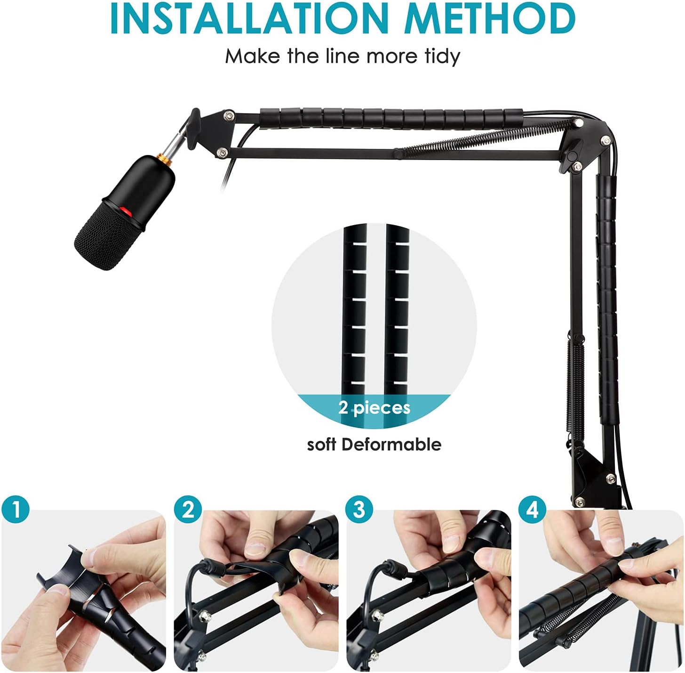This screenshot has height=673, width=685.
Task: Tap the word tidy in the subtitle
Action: tap(441, 56)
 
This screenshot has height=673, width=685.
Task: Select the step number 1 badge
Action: tap(15, 510)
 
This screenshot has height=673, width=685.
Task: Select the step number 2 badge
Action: tap(188, 510)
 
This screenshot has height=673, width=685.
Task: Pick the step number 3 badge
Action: tap(359, 510)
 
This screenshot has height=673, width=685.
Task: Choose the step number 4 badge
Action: tap(532, 510)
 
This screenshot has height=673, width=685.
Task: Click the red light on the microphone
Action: tap(125, 211)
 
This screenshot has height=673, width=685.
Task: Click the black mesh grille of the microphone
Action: tap(106, 238)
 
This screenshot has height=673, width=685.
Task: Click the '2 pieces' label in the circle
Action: tap(374, 407)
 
